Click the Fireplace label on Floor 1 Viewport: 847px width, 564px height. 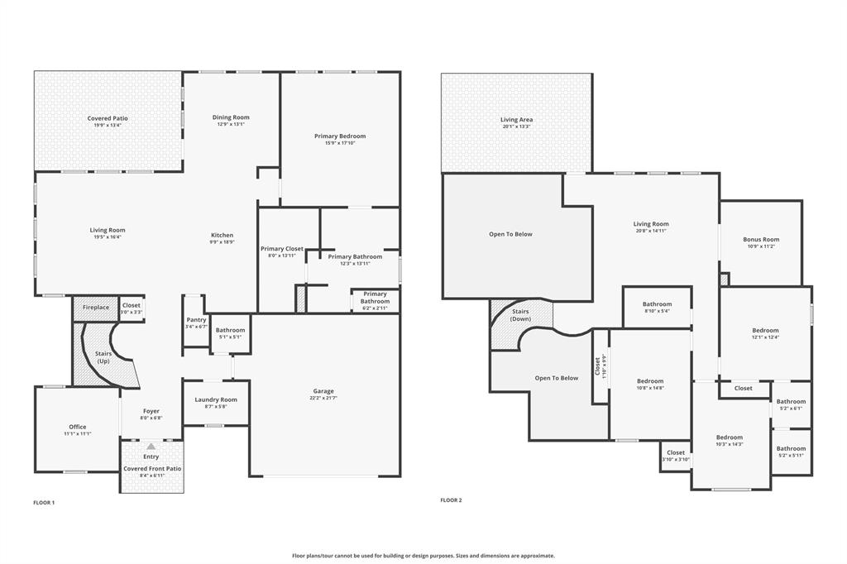pyautogui.click(x=96, y=308)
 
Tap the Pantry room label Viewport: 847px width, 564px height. pyautogui.click(x=196, y=319)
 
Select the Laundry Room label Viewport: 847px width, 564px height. pyautogui.click(x=216, y=399)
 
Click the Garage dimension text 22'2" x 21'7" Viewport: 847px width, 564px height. pyautogui.click(x=323, y=399)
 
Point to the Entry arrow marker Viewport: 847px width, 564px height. pyautogui.click(x=151, y=447)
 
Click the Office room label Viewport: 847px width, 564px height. pyautogui.click(x=78, y=427)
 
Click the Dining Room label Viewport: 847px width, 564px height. pyautogui.click(x=231, y=117)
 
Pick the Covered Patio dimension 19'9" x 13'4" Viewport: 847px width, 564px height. pyautogui.click(x=108, y=126)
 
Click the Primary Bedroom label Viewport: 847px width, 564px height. pyautogui.click(x=340, y=136)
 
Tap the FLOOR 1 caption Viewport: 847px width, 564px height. pyautogui.click(x=44, y=502)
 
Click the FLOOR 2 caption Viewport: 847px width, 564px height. pyautogui.click(x=451, y=499)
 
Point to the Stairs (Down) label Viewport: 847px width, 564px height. pyautogui.click(x=521, y=315)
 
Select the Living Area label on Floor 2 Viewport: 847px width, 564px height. pyautogui.click(x=516, y=119)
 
